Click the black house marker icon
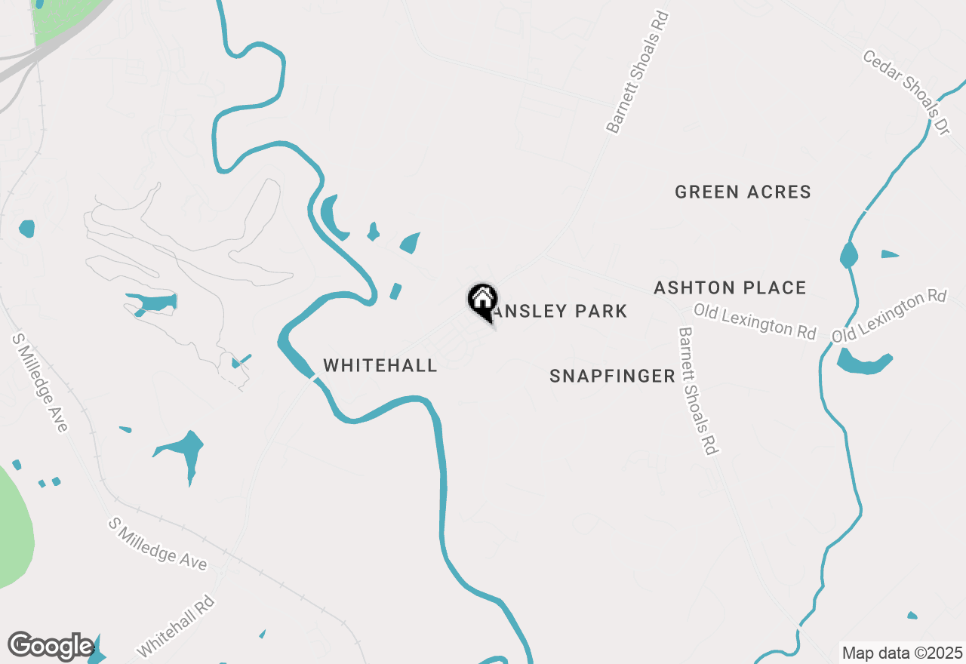tap(482, 300)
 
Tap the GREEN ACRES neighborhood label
tap(743, 192)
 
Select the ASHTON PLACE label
tap(730, 287)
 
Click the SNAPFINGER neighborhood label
tap(612, 376)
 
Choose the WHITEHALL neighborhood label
tap(380, 365)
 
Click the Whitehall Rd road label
tap(176, 626)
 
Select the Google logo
tap(51, 647)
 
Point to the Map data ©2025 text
tap(902, 653)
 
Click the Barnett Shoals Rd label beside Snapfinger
tap(697, 391)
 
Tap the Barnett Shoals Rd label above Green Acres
tap(638, 72)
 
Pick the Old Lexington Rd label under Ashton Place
tap(755, 321)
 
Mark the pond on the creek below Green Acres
tap(849, 255)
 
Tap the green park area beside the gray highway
tap(66, 19)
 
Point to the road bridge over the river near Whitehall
tap(312, 377)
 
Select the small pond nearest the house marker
tap(395, 291)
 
